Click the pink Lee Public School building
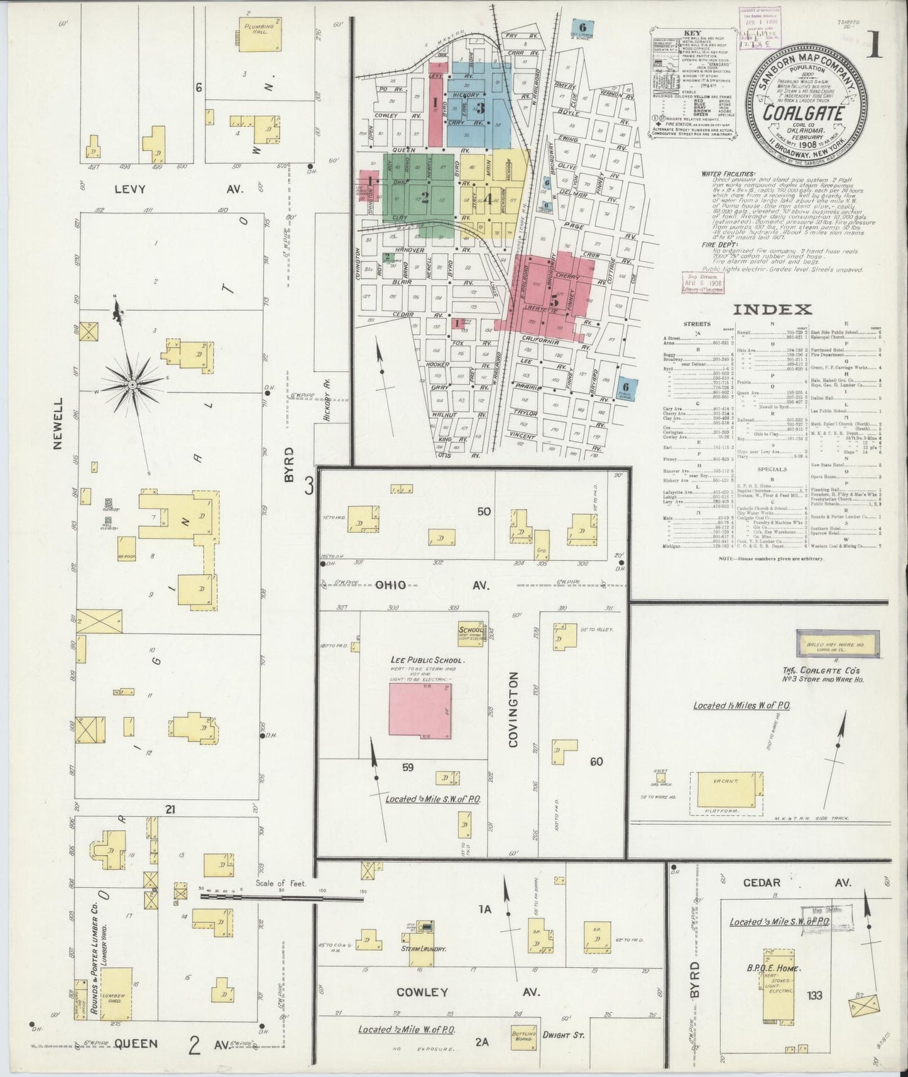pyautogui.click(x=420, y=709)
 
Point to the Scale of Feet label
pyautogui.click(x=281, y=883)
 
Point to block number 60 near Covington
pyautogui.click(x=596, y=762)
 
